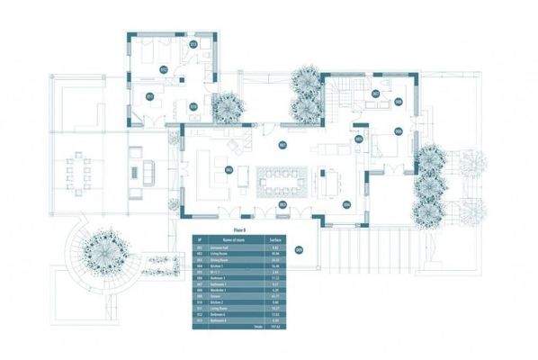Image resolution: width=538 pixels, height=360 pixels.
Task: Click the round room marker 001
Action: (x=282, y=144)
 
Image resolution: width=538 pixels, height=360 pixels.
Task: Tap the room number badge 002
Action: (x=229, y=169)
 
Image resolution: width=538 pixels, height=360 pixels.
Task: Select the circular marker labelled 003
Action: (x=282, y=205)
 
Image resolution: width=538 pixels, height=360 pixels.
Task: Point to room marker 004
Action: (x=346, y=204)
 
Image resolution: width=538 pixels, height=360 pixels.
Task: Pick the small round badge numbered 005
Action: (x=358, y=139)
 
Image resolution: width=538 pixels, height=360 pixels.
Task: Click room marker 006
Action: (x=397, y=131)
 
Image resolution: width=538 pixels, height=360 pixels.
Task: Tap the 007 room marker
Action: (x=375, y=94)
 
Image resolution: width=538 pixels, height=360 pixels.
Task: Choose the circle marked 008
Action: (x=399, y=102)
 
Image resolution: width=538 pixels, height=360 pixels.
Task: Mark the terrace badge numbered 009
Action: (x=299, y=250)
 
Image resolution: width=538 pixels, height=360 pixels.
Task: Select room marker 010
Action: (x=193, y=106)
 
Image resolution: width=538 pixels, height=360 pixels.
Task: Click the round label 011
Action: (x=150, y=95)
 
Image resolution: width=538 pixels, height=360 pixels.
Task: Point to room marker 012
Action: (x=164, y=68)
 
